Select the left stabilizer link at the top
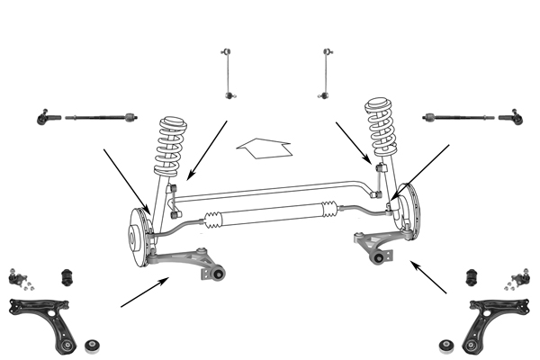(226, 71)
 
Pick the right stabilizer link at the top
(326, 71)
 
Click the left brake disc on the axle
(136, 237)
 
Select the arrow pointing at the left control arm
(144, 293)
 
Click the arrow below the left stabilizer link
(208, 148)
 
